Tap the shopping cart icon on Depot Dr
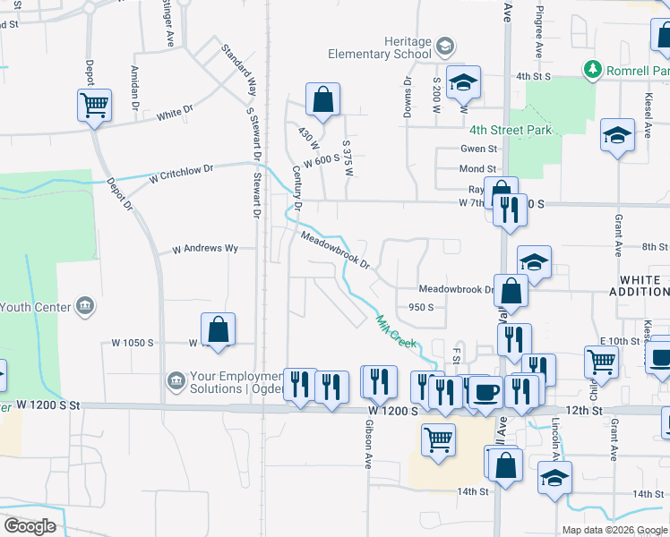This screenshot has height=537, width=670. [94, 106]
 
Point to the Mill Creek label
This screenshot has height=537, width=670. [396, 332]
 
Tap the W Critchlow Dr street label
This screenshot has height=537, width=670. [182, 173]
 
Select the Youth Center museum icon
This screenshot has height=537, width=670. [85, 307]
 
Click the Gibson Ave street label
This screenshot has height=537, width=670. [367, 447]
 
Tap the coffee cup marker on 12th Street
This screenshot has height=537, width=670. [485, 392]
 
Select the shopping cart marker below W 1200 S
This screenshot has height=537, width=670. [438, 440]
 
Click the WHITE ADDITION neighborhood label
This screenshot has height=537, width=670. [640, 286]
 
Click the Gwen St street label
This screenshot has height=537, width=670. [478, 149]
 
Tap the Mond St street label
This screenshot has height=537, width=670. [477, 168]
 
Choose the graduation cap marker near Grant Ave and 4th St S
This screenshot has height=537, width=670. [616, 136]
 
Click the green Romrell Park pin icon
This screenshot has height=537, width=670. [591, 69]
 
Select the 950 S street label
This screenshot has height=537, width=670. [421, 307]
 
